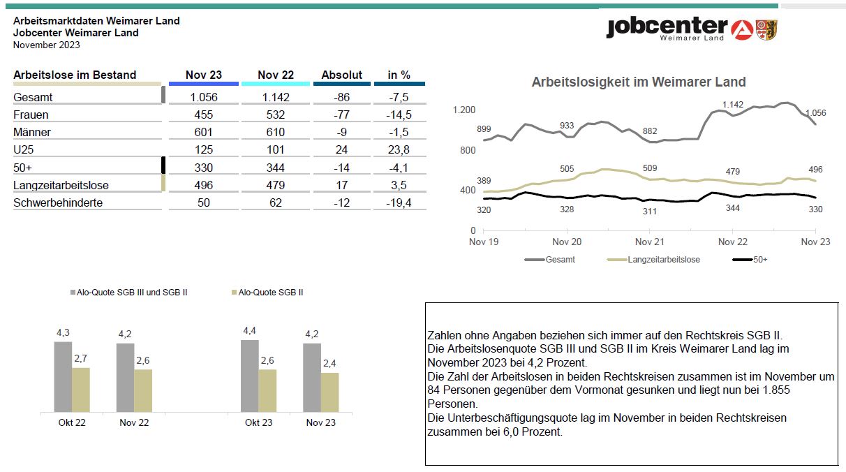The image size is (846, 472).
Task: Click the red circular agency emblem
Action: click(742, 30)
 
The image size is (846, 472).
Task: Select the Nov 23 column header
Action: click(204, 75)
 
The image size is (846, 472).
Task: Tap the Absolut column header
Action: click(342, 75)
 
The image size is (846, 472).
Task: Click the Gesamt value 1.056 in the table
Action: click(204, 97)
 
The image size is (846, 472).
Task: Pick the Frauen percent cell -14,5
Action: click(399, 115)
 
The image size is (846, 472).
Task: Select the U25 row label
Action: click(24, 149)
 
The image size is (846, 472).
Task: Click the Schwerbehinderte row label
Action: click(58, 202)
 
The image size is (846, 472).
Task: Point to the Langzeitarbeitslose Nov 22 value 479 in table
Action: click(275, 185)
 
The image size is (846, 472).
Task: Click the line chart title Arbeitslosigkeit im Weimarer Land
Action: click(639, 82)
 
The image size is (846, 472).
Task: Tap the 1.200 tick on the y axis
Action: click(463, 110)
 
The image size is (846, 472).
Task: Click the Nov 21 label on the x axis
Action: click(650, 242)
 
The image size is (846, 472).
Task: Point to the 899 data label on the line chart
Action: click(484, 129)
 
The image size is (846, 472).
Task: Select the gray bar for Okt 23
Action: click(250, 376)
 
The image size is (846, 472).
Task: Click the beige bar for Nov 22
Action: click(143, 391)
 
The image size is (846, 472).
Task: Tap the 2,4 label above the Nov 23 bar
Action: click(329, 364)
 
